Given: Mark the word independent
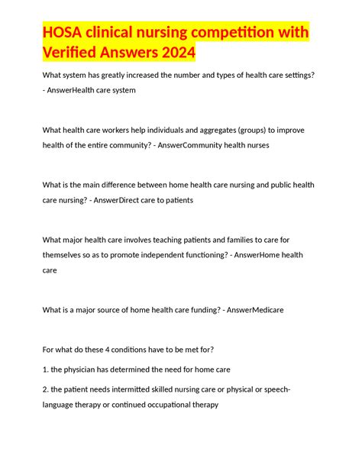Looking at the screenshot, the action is (162, 254).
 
